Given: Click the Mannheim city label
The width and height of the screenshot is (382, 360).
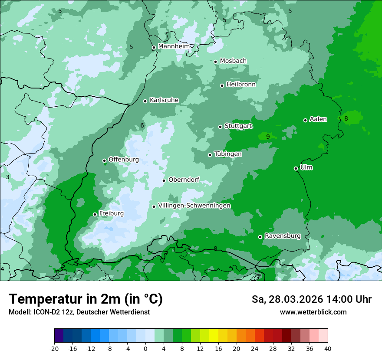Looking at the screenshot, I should coord(174,46).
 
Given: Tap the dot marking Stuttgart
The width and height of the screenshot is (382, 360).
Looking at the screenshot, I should coord(221,127).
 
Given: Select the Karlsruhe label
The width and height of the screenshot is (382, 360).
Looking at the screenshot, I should coord(164,100).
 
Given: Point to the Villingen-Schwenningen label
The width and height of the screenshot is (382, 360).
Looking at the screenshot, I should coord(194,206).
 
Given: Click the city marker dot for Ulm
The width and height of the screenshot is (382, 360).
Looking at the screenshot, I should coord(296,168).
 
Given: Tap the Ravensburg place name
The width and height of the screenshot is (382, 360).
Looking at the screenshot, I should coord(283,236).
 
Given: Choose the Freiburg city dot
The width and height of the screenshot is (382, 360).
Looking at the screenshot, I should coord(95,214).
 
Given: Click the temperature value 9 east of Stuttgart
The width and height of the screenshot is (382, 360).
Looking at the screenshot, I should coord(268,137).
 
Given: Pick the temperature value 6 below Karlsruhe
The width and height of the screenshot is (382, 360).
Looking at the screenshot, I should coord(142,126).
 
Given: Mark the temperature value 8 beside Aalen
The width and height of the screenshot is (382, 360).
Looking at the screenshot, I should coord(346,118).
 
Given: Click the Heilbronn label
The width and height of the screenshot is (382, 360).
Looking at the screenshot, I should coord(241,85).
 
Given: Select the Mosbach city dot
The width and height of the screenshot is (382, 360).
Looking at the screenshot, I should coord(216,62).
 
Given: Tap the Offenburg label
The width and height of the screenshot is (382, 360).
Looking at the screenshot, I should coord(124,160).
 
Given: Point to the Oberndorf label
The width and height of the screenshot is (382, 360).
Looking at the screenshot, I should coord(184,180).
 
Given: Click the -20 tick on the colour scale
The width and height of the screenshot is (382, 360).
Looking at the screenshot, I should coord(54,348).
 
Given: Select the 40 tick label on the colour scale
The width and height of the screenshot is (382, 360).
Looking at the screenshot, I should coord(328,348).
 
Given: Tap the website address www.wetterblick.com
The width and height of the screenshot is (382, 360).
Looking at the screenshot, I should coord(313,312).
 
